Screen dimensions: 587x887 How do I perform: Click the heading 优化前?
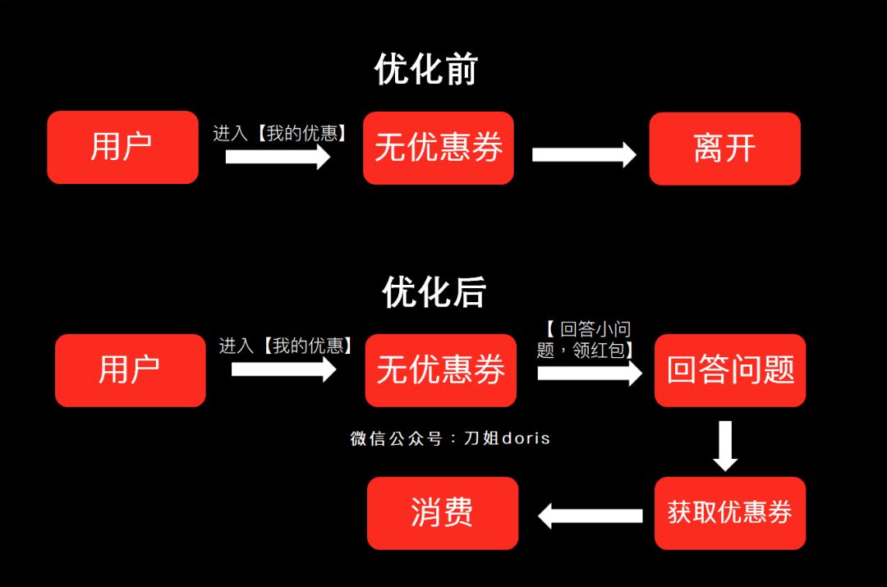click(x=425, y=70)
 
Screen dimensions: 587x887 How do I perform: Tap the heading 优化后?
click(x=434, y=292)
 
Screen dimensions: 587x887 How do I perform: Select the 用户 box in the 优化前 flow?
click(x=122, y=148)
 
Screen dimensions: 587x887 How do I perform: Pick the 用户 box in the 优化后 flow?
click(x=130, y=370)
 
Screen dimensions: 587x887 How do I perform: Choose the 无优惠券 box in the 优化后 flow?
click(x=440, y=370)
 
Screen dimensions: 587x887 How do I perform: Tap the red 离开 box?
click(x=724, y=149)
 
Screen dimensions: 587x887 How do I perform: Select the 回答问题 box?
click(x=730, y=370)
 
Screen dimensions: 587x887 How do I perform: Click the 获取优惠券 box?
click(x=730, y=513)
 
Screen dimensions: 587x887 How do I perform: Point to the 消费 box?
click(x=443, y=513)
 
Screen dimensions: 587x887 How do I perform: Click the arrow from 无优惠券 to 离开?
click(x=584, y=154)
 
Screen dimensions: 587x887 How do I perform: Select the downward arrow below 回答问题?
click(x=724, y=446)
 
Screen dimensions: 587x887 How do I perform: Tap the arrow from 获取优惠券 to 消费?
click(x=590, y=516)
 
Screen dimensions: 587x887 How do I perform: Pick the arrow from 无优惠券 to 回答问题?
click(x=590, y=374)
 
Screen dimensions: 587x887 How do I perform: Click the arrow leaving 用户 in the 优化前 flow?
click(x=278, y=156)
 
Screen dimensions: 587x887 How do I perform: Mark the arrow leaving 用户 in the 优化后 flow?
click(x=283, y=369)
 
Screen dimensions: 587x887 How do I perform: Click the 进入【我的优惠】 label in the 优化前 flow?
click(x=280, y=133)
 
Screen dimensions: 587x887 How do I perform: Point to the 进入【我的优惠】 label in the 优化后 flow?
click(x=286, y=346)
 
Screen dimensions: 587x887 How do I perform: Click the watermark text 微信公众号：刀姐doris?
click(x=450, y=438)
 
